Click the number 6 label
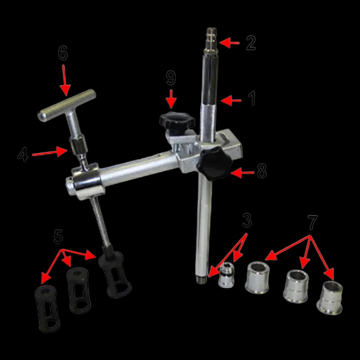click(62, 53)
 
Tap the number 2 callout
click(251, 43)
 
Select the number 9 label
click(171, 78)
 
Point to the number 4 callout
click(23, 154)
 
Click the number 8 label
click(262, 171)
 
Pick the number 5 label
click(58, 237)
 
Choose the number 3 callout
click(247, 220)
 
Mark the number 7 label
click(313, 222)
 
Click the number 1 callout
click(252, 98)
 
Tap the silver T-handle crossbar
click(67, 106)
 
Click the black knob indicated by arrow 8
click(215, 163)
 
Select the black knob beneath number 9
click(177, 121)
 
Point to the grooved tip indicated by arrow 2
click(211, 41)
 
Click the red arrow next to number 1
click(231, 101)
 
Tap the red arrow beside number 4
click(50, 152)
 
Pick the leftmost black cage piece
click(47, 308)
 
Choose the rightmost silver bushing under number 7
click(329, 298)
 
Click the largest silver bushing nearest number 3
click(257, 278)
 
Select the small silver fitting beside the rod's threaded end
click(226, 275)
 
